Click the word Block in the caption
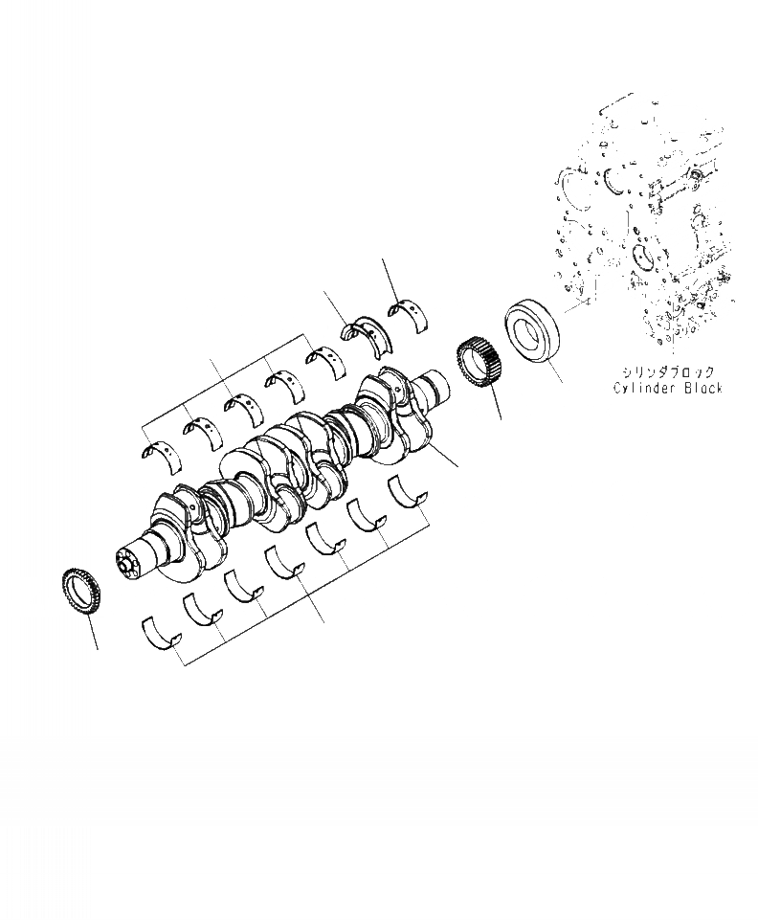point(702,388)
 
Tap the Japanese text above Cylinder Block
point(668,372)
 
